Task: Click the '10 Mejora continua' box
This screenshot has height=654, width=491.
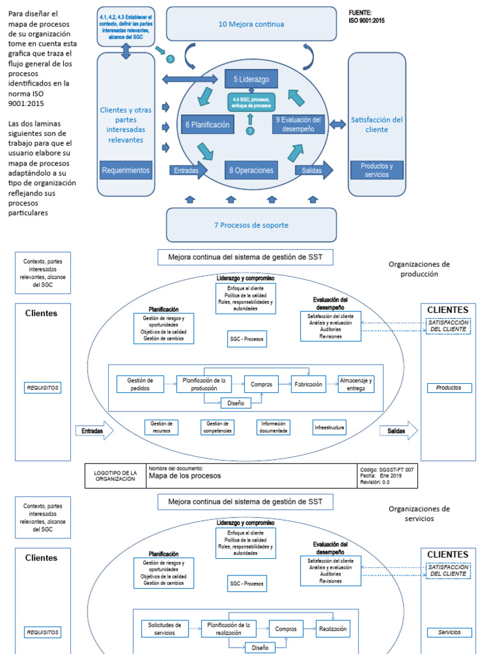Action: point(251,24)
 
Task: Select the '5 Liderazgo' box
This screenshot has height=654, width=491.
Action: point(251,79)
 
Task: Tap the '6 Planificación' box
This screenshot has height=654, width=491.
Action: point(207,125)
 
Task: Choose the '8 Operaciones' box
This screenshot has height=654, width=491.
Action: point(251,171)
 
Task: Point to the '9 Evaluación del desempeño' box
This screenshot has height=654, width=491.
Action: point(299,124)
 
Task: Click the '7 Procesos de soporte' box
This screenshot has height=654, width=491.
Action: point(251,225)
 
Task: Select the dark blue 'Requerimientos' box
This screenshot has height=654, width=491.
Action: point(126,171)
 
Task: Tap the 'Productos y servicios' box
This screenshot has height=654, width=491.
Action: point(377,171)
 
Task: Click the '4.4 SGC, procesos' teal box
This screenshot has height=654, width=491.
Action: point(251,102)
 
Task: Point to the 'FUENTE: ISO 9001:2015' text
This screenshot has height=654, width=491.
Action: point(367,17)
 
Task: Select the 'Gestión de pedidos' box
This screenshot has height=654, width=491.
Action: point(140,384)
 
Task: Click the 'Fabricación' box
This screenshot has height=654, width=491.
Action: point(309,384)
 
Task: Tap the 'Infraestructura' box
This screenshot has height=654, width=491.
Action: point(329,427)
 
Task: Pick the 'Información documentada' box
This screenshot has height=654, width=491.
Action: point(274,427)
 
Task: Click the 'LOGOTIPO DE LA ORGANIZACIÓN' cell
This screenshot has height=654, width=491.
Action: point(115,476)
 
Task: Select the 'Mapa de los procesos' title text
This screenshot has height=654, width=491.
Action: point(185,476)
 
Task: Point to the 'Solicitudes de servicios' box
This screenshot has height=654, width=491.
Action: point(164,628)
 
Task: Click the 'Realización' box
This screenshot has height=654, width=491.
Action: point(332,629)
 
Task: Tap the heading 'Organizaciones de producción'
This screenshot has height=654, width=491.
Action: point(419,268)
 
